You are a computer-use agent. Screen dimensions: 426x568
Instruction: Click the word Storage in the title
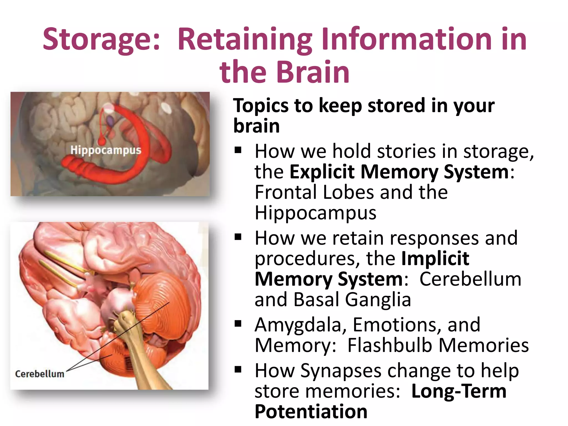click(101, 39)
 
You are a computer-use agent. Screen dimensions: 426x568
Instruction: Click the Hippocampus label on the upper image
click(106, 150)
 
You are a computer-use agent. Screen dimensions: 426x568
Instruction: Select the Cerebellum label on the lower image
click(39, 374)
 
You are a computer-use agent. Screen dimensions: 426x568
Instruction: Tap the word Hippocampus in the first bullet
click(315, 213)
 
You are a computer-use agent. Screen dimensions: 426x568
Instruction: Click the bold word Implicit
click(435, 258)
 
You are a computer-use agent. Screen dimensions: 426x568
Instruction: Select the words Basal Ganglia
click(352, 300)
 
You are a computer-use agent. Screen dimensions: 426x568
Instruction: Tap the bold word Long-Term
click(459, 391)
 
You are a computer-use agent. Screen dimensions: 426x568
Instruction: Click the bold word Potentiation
click(311, 412)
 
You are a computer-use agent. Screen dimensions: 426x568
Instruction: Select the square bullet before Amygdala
click(238, 324)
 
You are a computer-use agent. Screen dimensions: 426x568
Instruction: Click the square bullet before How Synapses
click(238, 369)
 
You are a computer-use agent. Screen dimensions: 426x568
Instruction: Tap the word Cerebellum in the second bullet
click(470, 279)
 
